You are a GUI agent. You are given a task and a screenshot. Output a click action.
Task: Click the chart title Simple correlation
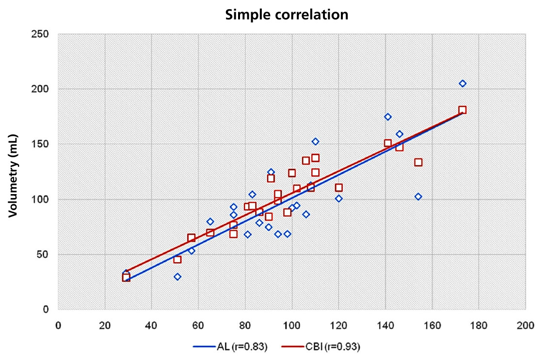click(287, 15)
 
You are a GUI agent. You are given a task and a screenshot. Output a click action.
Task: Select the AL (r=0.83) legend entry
click(230, 346)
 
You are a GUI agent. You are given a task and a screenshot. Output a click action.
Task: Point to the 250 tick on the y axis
click(43, 34)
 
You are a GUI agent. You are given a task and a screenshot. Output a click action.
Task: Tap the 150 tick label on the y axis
click(43, 145)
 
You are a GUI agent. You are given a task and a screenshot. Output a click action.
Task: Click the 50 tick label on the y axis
click(45, 255)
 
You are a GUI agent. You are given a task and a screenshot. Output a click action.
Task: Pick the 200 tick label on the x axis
click(525, 326)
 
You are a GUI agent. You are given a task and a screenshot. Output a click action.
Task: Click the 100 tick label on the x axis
click(291, 326)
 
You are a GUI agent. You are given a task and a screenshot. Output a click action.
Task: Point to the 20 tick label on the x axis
click(105, 326)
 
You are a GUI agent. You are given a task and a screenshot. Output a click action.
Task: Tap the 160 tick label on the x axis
click(432, 326)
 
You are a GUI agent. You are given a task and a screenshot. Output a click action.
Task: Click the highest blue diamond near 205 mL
click(462, 83)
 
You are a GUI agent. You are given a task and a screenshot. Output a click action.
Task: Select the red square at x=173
click(462, 110)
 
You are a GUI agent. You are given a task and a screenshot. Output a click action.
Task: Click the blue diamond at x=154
click(418, 196)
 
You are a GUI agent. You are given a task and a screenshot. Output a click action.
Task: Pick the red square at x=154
click(418, 162)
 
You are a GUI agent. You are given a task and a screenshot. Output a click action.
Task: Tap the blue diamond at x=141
click(387, 117)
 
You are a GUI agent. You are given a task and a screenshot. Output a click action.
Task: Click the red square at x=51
click(177, 260)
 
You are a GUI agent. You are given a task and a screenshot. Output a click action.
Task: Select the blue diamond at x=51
click(177, 277)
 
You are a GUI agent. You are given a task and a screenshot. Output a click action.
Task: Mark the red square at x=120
click(338, 187)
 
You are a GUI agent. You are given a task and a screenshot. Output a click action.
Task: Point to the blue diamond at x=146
click(399, 134)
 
